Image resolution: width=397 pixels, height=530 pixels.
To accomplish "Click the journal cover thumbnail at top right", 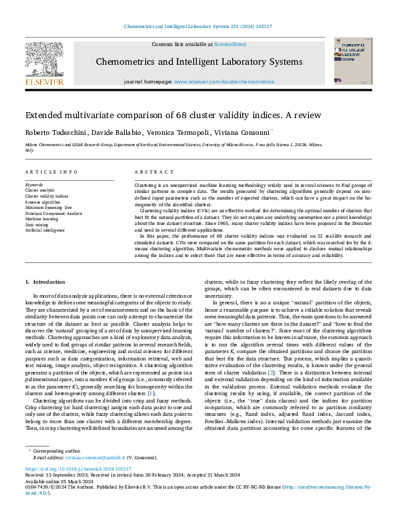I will click(354, 61).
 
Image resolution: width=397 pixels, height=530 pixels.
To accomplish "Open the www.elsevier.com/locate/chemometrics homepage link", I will click(224, 81).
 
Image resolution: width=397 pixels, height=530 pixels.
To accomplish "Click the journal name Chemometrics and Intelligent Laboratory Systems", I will click(199, 61).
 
